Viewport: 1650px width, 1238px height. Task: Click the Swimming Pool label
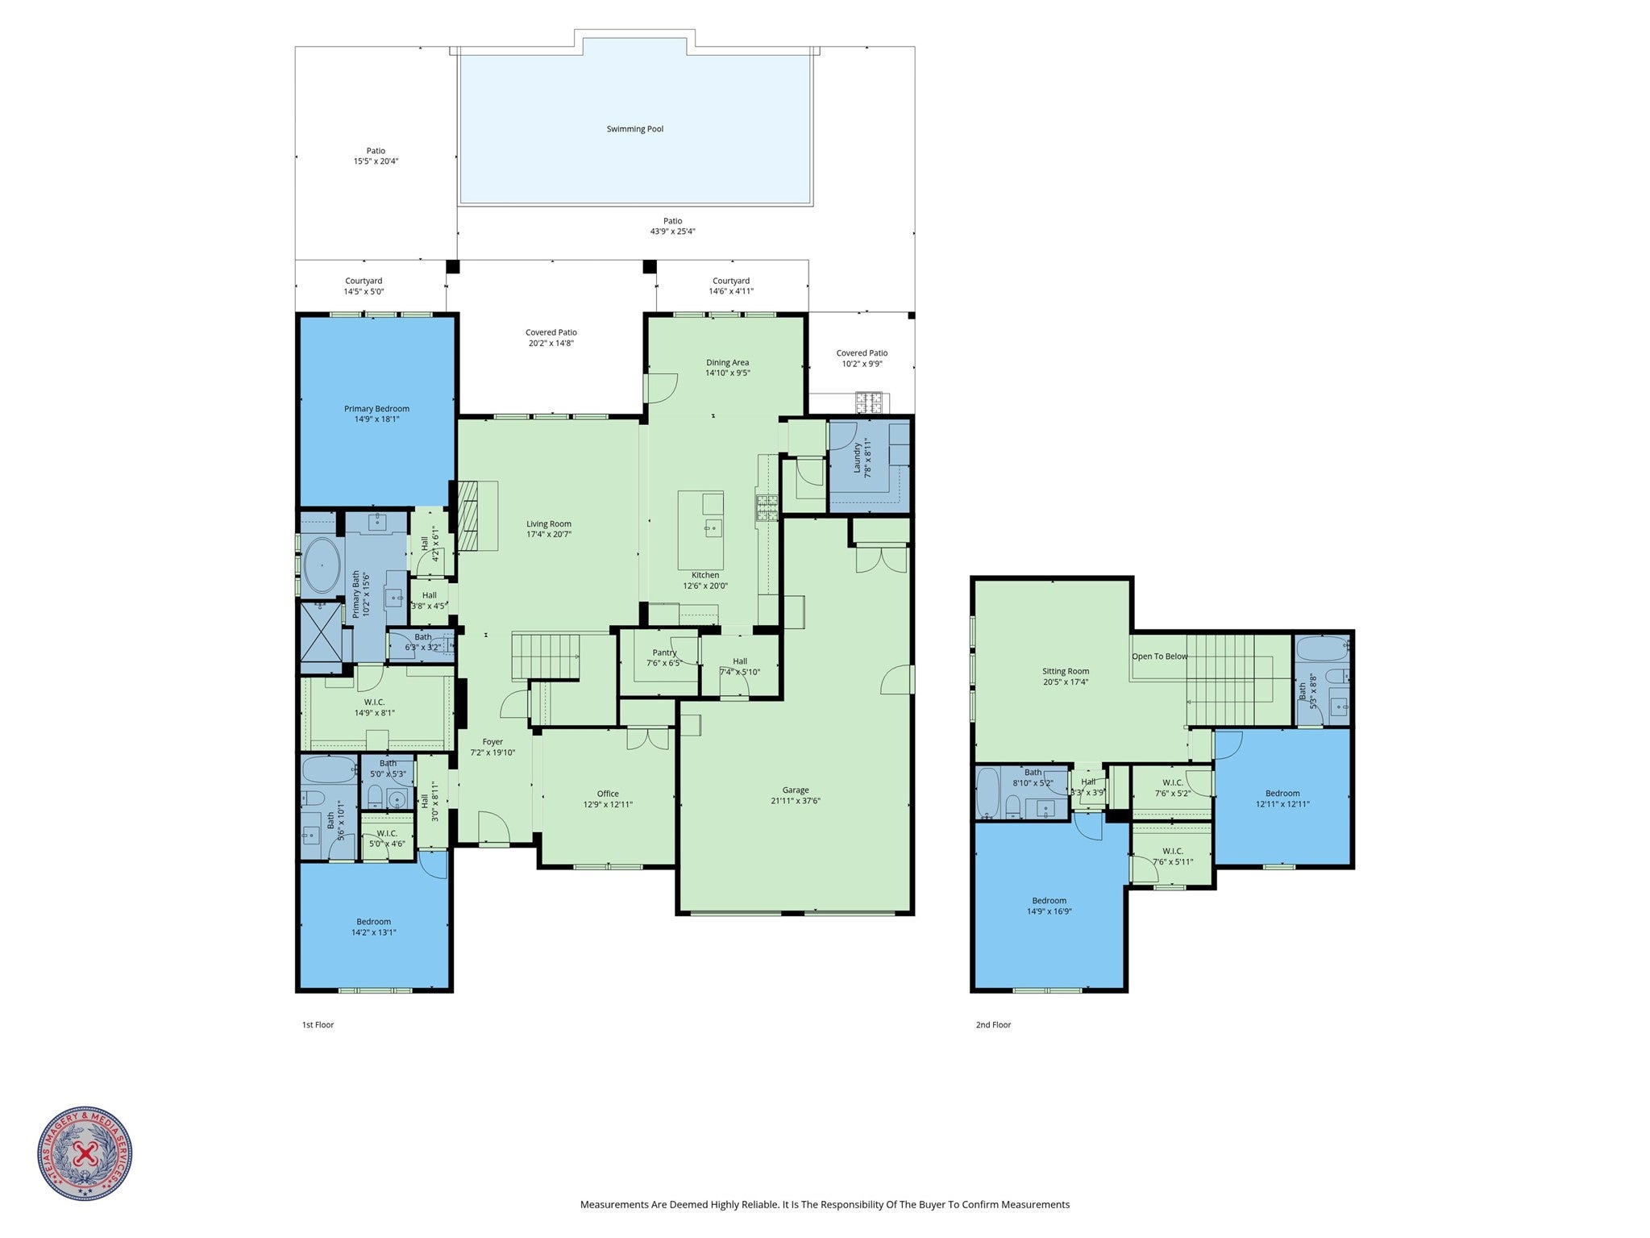634,129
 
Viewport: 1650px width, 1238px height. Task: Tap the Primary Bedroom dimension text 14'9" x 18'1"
376,419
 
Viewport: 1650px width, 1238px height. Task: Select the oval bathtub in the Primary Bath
322,566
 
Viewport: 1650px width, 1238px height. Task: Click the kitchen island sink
713,528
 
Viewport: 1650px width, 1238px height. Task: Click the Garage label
795,790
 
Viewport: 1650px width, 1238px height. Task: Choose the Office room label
608,794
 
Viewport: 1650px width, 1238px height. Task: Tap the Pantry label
664,652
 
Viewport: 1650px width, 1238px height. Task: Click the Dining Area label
727,363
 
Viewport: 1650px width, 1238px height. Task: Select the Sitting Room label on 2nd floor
1065,671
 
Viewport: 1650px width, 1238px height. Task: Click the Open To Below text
1159,657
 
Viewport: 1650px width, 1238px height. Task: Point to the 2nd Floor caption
993,1025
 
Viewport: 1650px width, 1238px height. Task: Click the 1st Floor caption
318,1025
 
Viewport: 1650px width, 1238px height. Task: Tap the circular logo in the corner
85,1154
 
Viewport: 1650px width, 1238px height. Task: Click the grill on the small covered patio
869,401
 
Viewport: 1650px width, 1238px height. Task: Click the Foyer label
493,742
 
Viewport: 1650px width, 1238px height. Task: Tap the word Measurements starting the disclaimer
614,1205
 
